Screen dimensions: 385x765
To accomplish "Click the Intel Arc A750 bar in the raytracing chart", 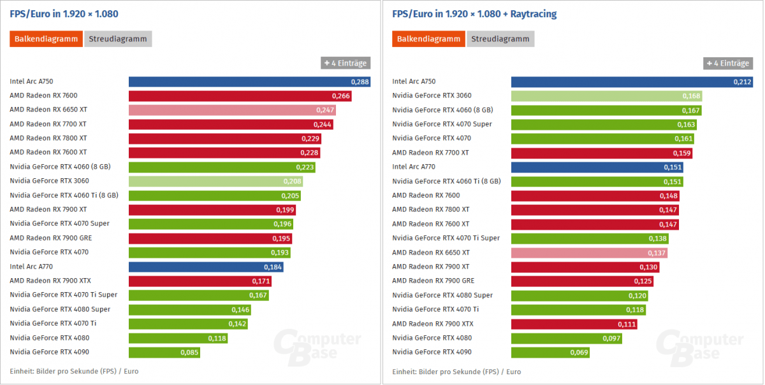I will point(631,81).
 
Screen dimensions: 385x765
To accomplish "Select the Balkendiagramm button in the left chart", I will point(46,39).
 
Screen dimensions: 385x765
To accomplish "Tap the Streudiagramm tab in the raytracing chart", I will point(500,39).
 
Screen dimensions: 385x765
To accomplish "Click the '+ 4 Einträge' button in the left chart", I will point(346,63).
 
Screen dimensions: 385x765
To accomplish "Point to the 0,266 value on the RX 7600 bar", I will point(341,96).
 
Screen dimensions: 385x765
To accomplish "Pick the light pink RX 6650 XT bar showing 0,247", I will point(232,110).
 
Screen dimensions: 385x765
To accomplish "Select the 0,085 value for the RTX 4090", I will point(189,353).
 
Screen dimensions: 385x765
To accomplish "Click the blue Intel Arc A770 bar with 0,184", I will point(205,267).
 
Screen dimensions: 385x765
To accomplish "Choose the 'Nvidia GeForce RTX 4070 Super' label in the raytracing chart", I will point(442,124).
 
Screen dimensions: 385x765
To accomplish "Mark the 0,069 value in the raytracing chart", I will point(578,353).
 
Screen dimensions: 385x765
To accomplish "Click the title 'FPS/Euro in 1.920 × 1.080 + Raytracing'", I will point(474,13).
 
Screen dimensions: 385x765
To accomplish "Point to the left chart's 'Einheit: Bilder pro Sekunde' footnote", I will point(74,371).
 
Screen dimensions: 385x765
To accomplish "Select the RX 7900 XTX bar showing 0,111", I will point(574,324).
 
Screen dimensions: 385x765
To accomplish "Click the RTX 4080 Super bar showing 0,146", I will point(189,309).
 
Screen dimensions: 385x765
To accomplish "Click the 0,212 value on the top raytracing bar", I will point(743,81).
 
